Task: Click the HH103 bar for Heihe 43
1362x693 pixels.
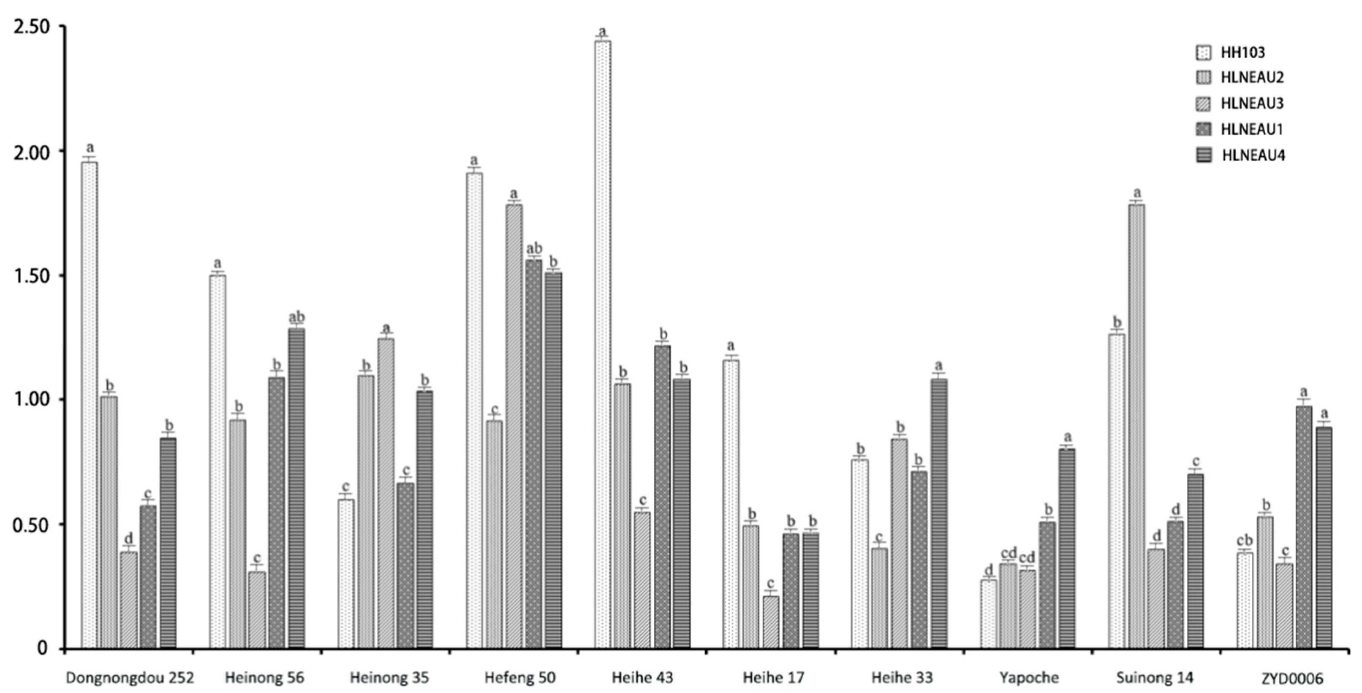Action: coord(602,344)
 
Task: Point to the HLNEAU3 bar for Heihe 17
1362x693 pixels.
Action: coord(770,622)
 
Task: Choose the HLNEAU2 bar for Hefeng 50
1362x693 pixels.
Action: coord(495,534)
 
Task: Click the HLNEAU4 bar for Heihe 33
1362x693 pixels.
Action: coord(939,513)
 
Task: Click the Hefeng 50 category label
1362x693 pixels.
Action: coord(520,677)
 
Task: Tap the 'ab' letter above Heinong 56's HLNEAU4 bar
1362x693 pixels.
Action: coord(296,317)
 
